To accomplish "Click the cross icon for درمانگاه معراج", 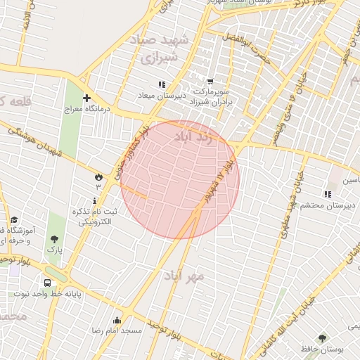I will (86, 98).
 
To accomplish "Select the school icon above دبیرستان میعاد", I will (162, 84).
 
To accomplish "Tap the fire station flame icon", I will (98, 176).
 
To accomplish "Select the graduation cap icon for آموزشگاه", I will (14, 220).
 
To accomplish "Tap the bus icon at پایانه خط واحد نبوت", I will (47, 283).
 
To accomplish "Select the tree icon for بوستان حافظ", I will (322, 338).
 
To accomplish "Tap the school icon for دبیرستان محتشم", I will (328, 194).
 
